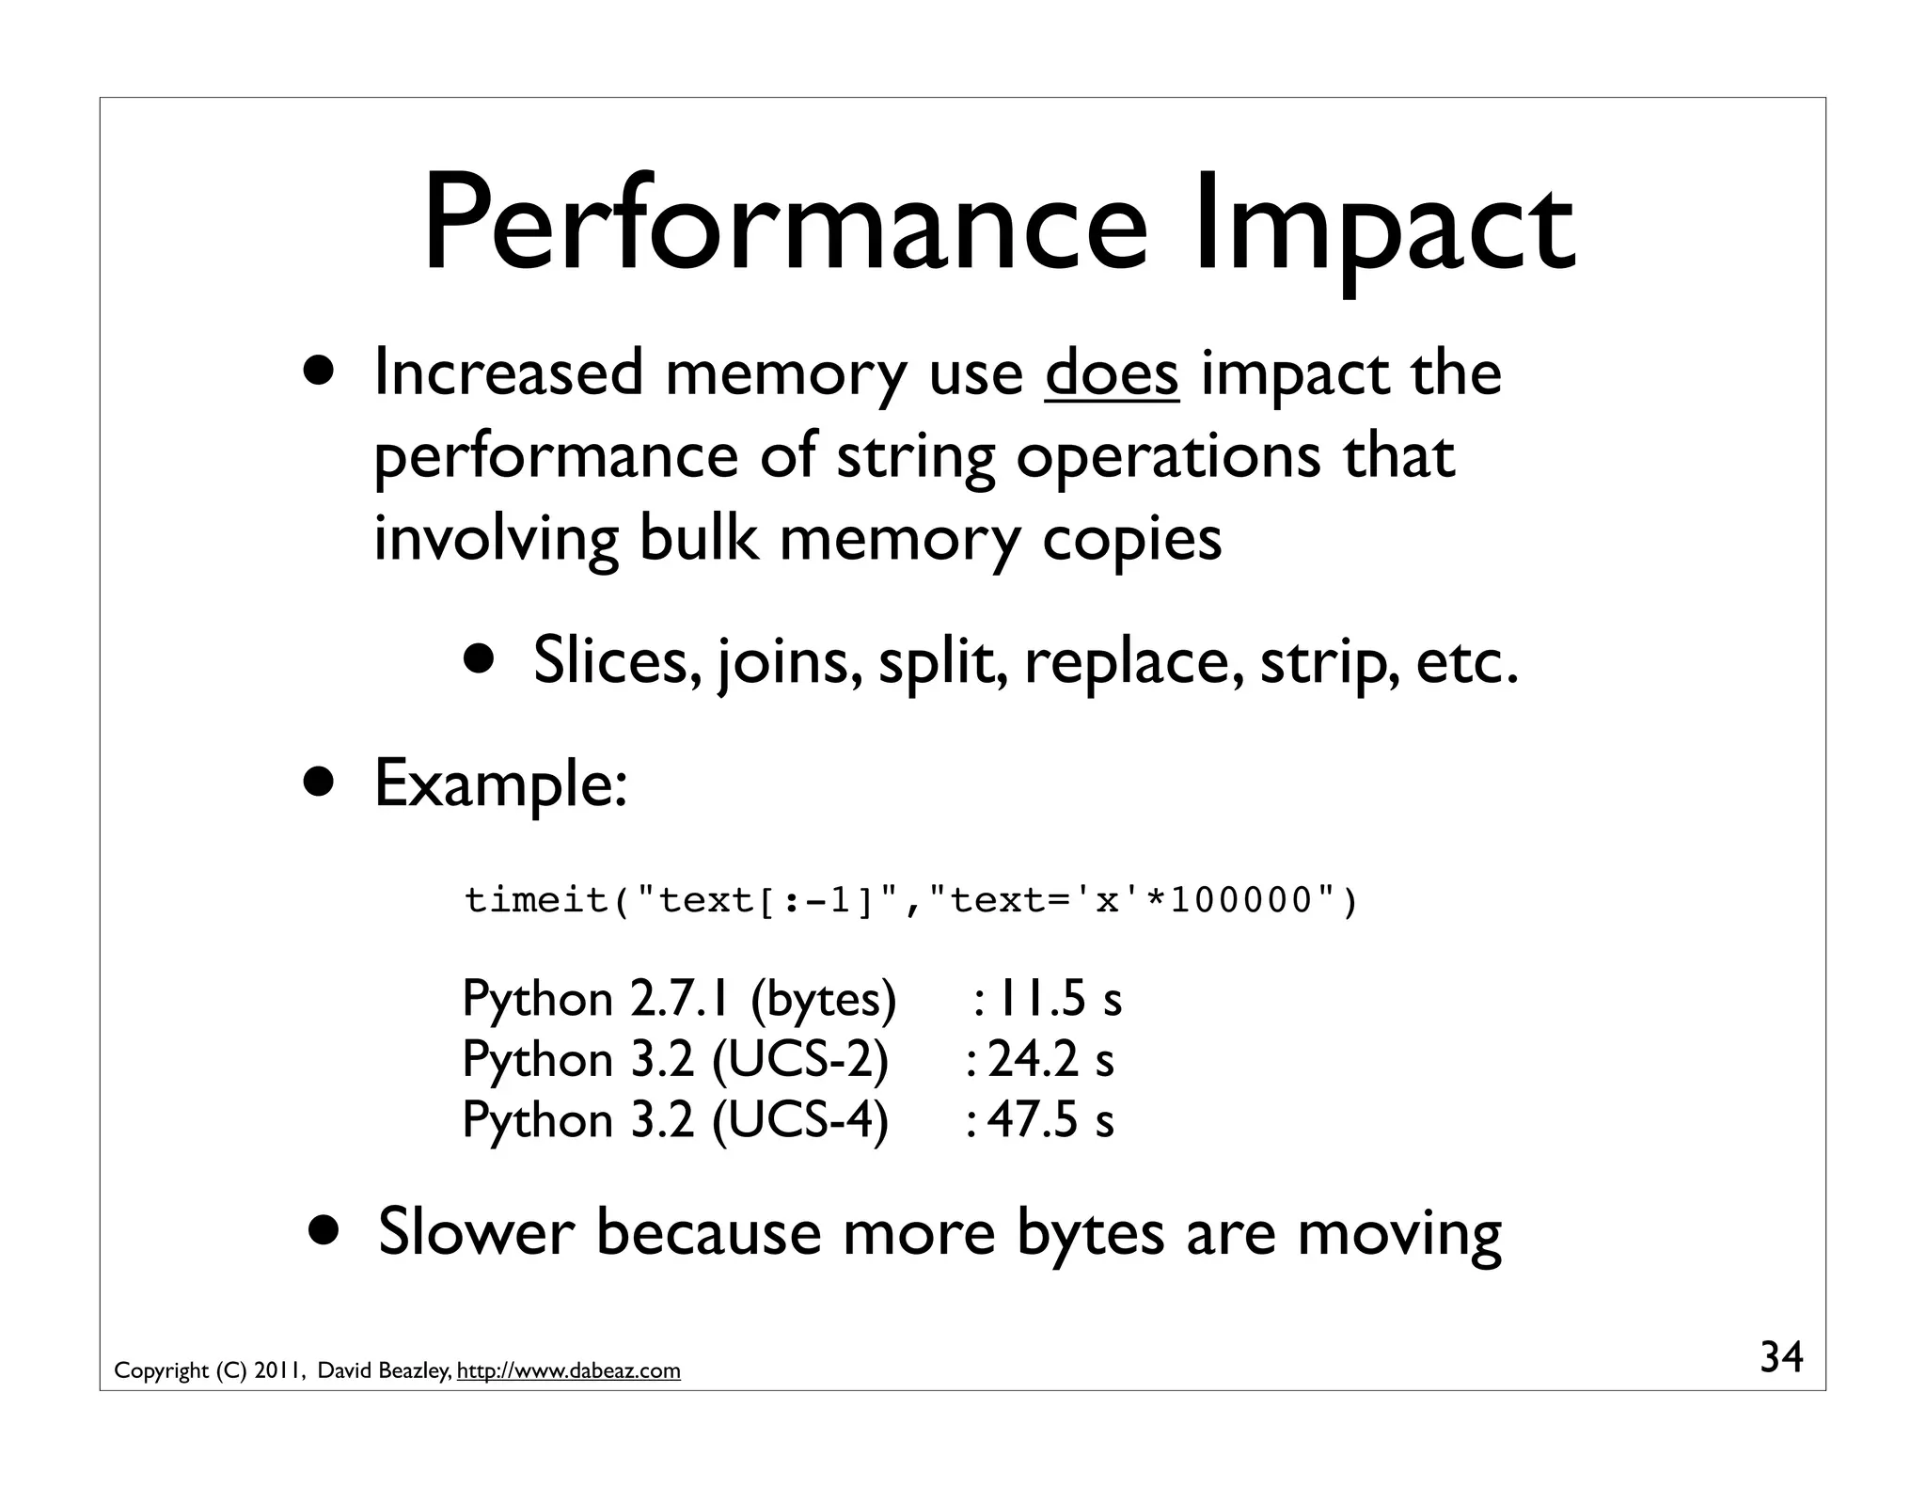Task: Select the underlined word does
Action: click(x=1112, y=374)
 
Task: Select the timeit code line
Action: click(x=911, y=900)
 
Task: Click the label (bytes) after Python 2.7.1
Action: click(x=823, y=999)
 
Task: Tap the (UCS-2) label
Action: click(x=799, y=1059)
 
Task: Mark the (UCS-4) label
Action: click(x=799, y=1119)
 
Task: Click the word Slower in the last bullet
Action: click(x=476, y=1232)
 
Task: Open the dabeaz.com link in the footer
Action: click(x=568, y=1371)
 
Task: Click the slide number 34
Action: click(x=1781, y=1357)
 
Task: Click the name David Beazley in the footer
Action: click(x=383, y=1371)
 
